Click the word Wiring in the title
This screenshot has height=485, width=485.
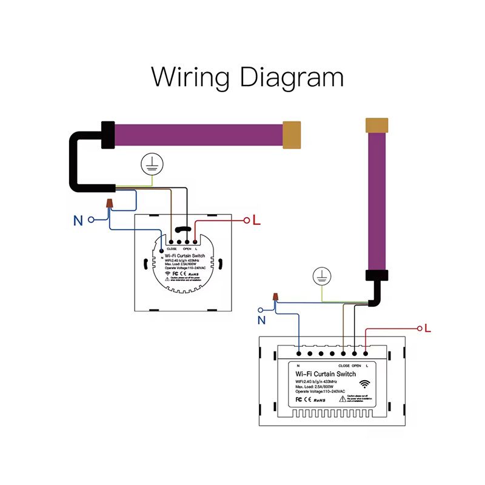click(x=190, y=78)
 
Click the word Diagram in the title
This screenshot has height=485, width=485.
click(x=292, y=78)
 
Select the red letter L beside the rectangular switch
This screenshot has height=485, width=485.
click(x=427, y=328)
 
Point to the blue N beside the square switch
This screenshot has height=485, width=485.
click(x=78, y=221)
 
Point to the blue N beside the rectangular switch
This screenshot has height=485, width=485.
click(x=262, y=319)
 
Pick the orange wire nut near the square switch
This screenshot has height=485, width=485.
click(x=110, y=203)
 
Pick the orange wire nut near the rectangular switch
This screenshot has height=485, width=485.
click(x=276, y=297)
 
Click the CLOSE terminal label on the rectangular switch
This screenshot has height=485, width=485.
click(x=344, y=366)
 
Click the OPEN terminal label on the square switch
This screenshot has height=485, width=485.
click(x=187, y=249)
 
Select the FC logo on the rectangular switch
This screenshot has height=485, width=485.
click(x=299, y=400)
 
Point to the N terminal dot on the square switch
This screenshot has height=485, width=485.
click(x=161, y=242)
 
